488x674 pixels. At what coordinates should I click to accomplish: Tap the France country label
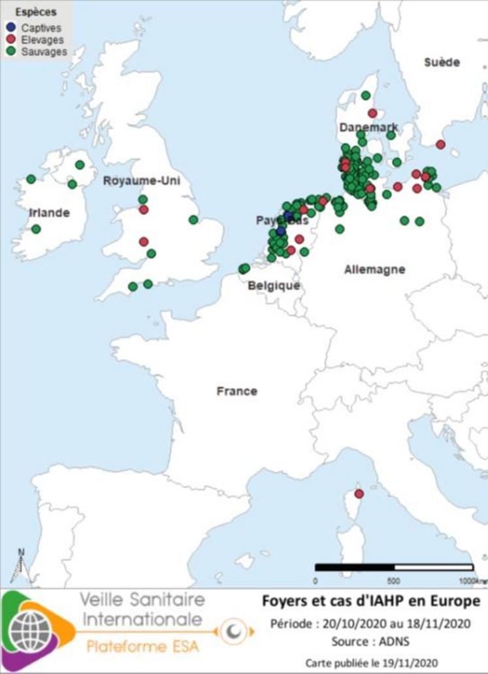[x=236, y=391]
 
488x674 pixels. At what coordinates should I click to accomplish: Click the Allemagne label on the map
[x=374, y=269]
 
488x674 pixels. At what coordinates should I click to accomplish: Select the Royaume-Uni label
[x=141, y=181]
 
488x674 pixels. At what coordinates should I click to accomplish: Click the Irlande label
[x=49, y=213]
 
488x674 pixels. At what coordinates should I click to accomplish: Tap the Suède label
[x=442, y=62]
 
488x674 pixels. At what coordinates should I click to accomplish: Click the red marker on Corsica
[x=359, y=494]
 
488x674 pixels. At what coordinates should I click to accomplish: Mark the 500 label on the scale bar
[x=394, y=581]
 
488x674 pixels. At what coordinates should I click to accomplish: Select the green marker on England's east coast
[x=193, y=219]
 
